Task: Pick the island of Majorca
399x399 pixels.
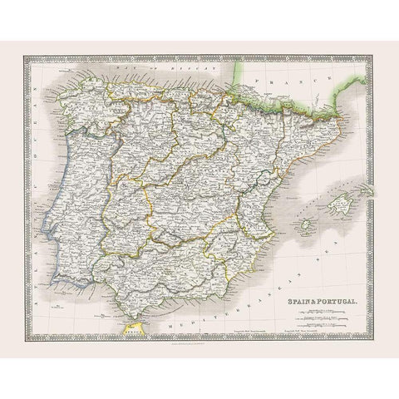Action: coord(340,200)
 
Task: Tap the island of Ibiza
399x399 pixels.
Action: coord(307,226)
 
